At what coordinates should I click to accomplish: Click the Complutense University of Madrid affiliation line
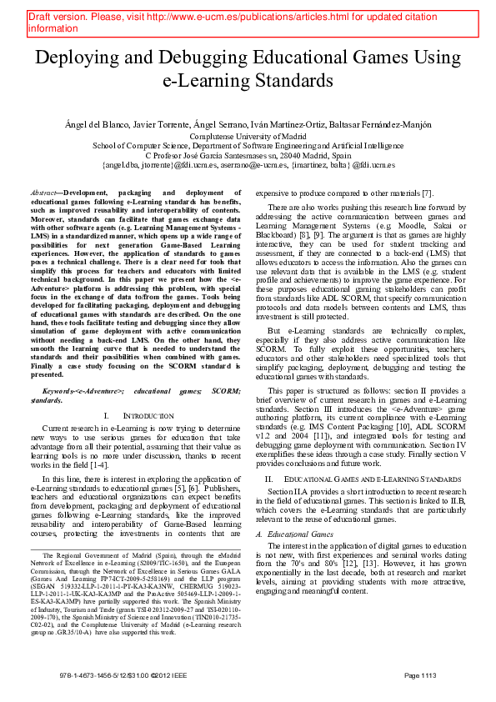[247, 135]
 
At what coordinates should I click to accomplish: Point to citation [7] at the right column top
[427, 193]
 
